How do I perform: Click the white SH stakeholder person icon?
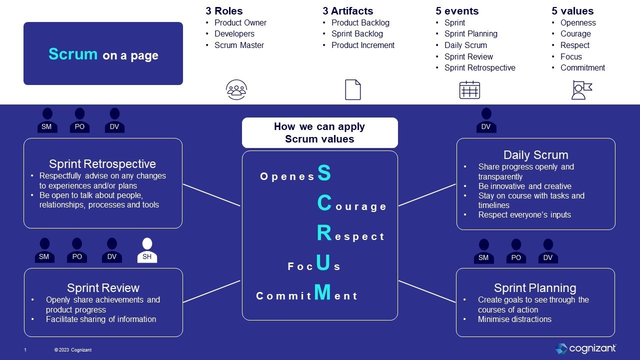point(147,250)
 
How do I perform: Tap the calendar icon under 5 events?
point(469,90)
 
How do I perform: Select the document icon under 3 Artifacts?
point(352,90)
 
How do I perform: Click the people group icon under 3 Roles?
point(236,90)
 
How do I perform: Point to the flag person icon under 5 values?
point(581,90)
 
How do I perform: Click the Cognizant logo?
point(585,348)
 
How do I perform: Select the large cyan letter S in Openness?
point(324,173)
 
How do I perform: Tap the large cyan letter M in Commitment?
point(323,292)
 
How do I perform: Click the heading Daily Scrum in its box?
point(535,155)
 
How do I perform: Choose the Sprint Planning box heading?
point(535,288)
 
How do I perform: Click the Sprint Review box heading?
point(103,288)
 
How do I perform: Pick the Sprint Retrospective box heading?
point(102,164)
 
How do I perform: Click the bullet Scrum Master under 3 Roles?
point(239,45)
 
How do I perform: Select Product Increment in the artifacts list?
point(362,45)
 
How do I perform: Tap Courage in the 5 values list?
point(575,33)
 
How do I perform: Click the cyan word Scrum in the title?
point(73,54)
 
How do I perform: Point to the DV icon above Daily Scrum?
point(486,121)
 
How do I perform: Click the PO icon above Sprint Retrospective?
point(79,121)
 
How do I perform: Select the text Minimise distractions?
point(514,319)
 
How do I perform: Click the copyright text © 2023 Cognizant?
point(73,350)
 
